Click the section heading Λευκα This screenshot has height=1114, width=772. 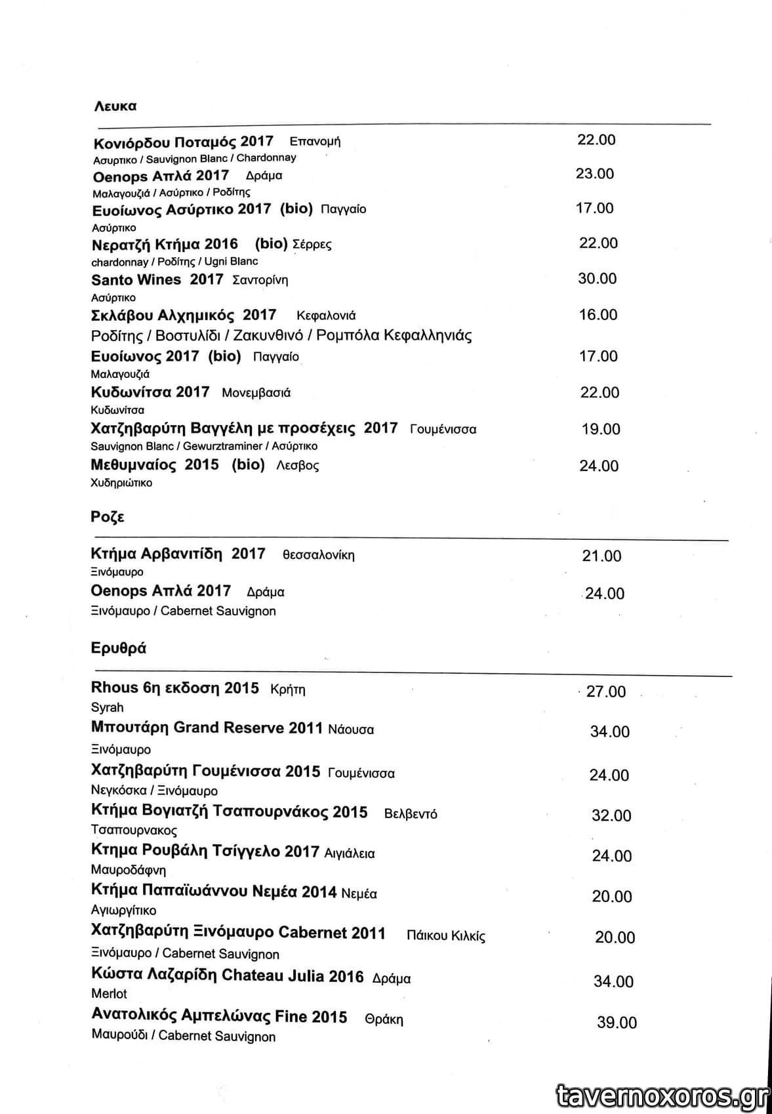click(x=115, y=106)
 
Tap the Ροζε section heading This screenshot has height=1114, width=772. click(x=108, y=517)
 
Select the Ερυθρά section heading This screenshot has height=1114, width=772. click(x=119, y=648)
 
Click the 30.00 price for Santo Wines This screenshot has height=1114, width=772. click(x=597, y=279)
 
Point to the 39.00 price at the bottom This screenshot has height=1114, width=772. click(x=617, y=1023)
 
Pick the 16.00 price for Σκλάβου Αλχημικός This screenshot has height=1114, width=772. click(x=598, y=315)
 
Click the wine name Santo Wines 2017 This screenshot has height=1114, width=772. click(x=157, y=279)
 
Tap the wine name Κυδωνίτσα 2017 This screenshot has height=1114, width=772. click(x=150, y=392)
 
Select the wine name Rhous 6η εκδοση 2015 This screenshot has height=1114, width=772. click(x=175, y=688)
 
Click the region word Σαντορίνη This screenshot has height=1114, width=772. click(x=260, y=280)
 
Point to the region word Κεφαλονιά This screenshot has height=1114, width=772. click(x=326, y=316)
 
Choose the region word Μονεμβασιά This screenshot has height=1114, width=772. click(x=256, y=393)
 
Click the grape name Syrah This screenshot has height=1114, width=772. click(x=108, y=708)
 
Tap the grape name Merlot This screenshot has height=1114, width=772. click(x=109, y=994)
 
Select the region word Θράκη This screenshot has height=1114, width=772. click(x=384, y=1020)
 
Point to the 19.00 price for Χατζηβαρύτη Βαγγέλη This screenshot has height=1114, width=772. click(x=601, y=429)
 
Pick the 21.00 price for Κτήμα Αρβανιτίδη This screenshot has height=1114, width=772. click(x=601, y=556)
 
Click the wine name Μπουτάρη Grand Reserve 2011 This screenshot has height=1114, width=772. click(x=207, y=728)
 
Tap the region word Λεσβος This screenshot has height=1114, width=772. click(x=298, y=466)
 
